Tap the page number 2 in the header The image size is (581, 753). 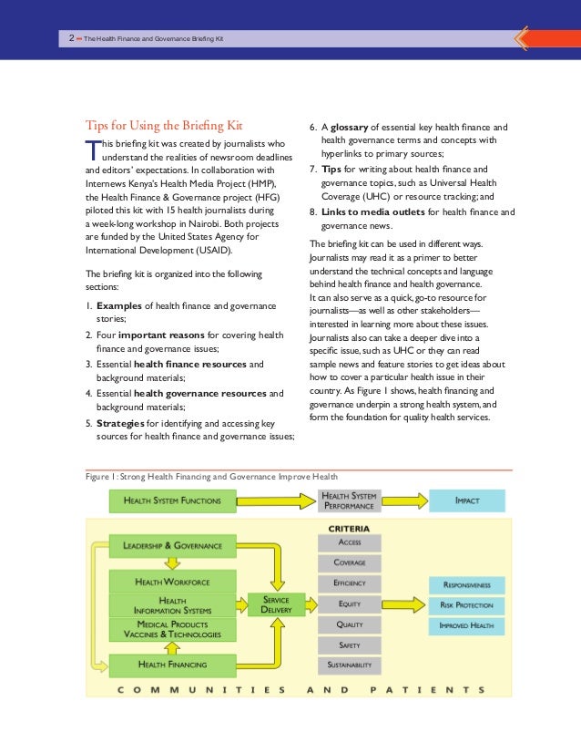71,38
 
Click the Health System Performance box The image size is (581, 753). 351,500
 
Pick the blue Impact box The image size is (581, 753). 466,500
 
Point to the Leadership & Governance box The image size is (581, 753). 167,546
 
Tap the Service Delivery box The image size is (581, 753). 276,603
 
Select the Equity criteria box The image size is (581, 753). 350,603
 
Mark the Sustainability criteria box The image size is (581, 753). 350,665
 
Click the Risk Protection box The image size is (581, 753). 466,604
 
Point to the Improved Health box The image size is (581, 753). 466,625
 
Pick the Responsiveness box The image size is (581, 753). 466,583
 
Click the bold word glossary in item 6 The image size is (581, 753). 353,128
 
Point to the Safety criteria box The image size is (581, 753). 350,645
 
